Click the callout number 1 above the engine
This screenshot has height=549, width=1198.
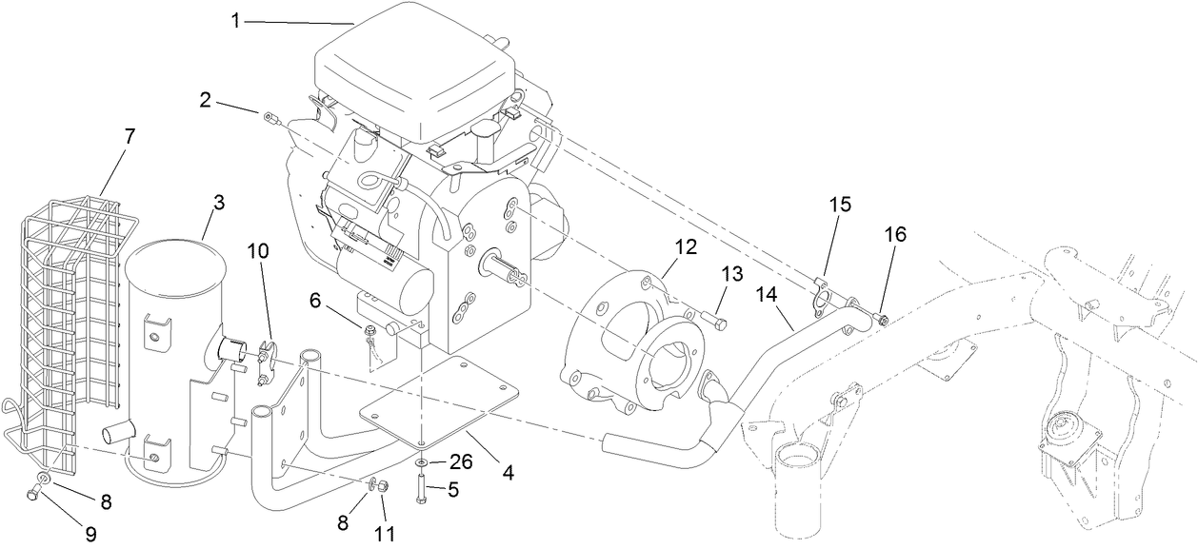[x=235, y=19]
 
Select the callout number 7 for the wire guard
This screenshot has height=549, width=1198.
[x=130, y=136]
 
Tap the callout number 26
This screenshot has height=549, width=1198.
[x=460, y=463]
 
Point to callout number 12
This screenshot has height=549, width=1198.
[x=686, y=245]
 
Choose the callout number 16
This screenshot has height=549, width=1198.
[x=895, y=234]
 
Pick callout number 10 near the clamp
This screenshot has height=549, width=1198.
[x=258, y=251]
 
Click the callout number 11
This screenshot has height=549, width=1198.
[x=383, y=534]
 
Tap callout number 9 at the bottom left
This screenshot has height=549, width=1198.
[x=91, y=534]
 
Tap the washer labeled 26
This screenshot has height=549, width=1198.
[x=420, y=463]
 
